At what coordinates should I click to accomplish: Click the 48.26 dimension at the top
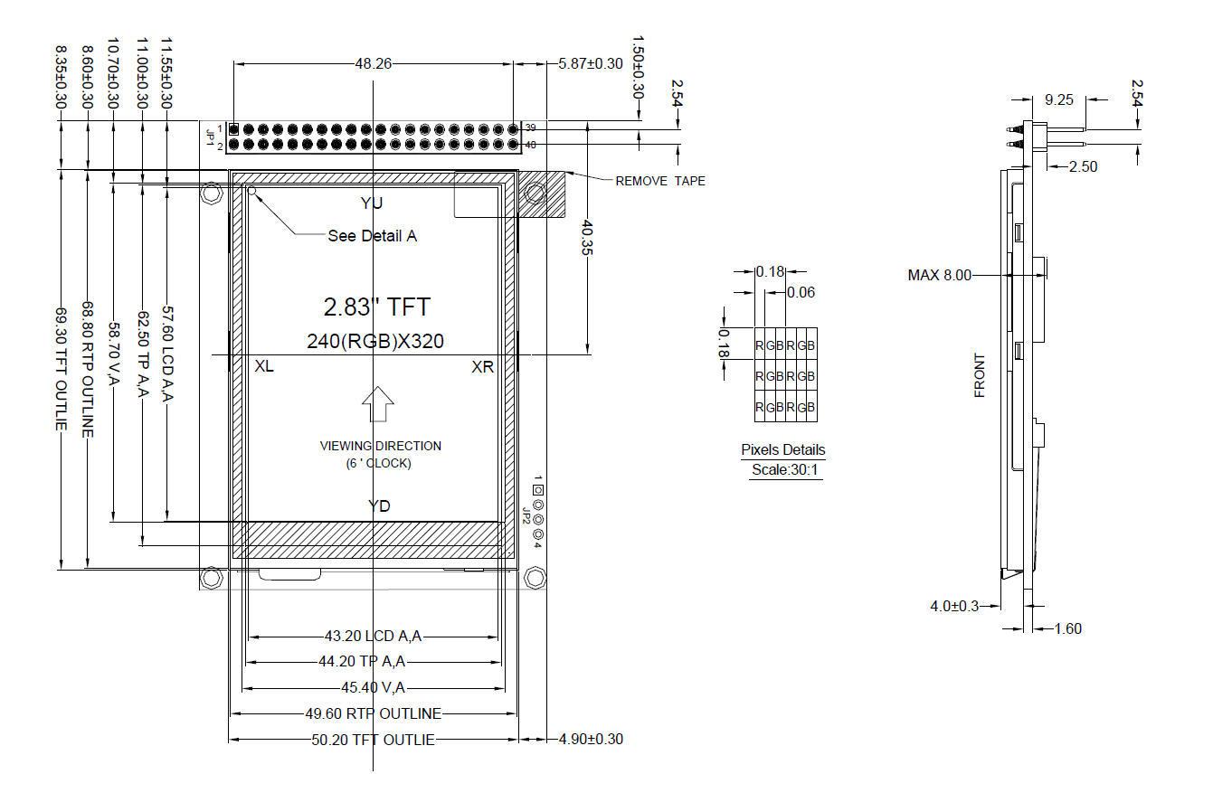coord(373,64)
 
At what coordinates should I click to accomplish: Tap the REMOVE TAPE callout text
coord(660,181)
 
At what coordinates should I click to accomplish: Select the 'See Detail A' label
coord(373,236)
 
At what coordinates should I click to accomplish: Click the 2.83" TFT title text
coord(377,307)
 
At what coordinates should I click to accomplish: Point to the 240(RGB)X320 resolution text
coord(375,341)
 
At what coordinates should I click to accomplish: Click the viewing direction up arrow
coord(378,404)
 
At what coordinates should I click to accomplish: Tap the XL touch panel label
coord(264,366)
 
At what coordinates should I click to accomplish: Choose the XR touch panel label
coord(482,367)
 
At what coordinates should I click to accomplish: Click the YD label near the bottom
coord(379,506)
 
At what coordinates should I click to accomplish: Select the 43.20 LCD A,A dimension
coord(373,636)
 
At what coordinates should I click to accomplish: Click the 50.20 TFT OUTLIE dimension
coord(373,740)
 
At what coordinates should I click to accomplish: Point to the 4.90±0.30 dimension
coord(591,740)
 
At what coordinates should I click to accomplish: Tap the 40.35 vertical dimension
coord(588,237)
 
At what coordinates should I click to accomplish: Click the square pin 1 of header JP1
coord(234,129)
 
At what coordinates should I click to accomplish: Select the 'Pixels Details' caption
coord(783,449)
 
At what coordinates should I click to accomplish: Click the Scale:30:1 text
coord(784,470)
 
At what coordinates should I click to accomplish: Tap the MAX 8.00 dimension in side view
coord(940,276)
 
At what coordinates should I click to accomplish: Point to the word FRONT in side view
coord(979,375)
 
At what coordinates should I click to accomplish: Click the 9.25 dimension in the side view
coord(1058,100)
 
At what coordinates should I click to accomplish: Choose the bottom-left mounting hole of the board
coord(211,578)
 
